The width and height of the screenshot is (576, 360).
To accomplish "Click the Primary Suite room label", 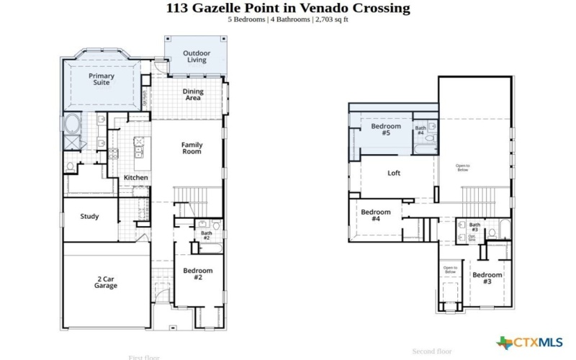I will point(102,79).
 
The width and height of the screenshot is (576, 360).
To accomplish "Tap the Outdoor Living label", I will point(197,56).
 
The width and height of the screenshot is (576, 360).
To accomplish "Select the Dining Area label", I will point(192,94).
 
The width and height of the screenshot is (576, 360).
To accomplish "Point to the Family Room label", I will point(192,148).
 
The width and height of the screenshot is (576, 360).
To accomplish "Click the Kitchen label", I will point(136,177).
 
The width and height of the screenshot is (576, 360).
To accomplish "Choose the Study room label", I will point(90,216).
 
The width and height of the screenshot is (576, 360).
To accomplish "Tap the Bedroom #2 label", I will point(198,274).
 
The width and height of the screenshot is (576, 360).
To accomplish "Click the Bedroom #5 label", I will point(380,130).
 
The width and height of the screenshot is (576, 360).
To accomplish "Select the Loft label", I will point(394,173).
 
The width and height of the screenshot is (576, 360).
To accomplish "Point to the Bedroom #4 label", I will point(376,215).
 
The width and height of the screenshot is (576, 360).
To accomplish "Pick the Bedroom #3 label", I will point(487,278).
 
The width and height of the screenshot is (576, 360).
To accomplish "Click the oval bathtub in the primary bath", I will point(73,124).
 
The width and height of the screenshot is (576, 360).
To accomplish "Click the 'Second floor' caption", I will point(432,351).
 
